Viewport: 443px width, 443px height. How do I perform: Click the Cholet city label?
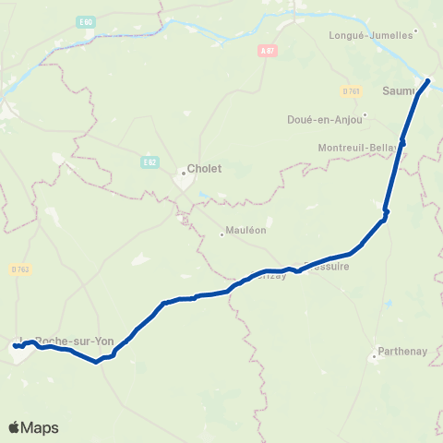click(x=204, y=169)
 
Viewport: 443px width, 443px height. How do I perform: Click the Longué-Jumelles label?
click(x=370, y=35)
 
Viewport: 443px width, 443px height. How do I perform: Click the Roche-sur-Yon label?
click(x=74, y=340)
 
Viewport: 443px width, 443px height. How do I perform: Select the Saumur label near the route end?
click(x=399, y=90)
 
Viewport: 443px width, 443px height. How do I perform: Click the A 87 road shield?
click(x=268, y=51)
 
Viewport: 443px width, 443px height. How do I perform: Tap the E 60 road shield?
click(x=87, y=20)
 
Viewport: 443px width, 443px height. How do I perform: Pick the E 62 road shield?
click(x=150, y=162)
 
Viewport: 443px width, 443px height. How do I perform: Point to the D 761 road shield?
click(x=351, y=90)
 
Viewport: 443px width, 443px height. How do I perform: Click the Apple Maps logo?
click(x=34, y=427)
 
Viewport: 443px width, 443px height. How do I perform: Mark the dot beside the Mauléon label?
click(x=221, y=233)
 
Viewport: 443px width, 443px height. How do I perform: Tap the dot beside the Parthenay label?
click(x=374, y=354)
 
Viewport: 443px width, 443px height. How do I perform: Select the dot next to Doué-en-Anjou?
click(x=365, y=115)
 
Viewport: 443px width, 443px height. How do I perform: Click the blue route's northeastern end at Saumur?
click(x=428, y=79)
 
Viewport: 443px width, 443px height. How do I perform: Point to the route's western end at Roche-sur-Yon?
click(x=15, y=347)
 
